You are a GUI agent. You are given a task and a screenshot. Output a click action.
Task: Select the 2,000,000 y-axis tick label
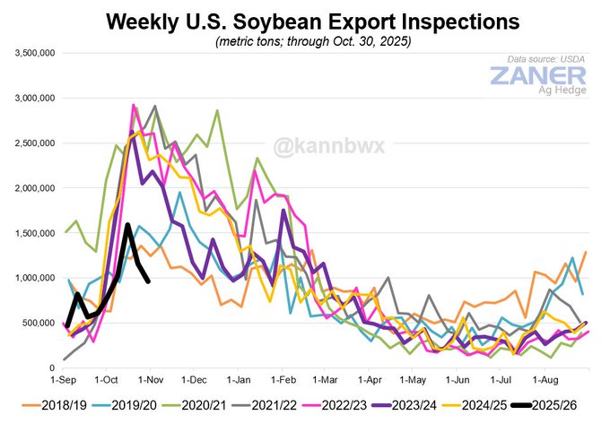[35, 188]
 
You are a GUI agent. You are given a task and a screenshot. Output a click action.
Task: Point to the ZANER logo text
[537, 75]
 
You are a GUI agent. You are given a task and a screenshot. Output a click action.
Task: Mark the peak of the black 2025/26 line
[127, 224]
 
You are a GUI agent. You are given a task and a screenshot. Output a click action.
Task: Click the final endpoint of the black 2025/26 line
[149, 281]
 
